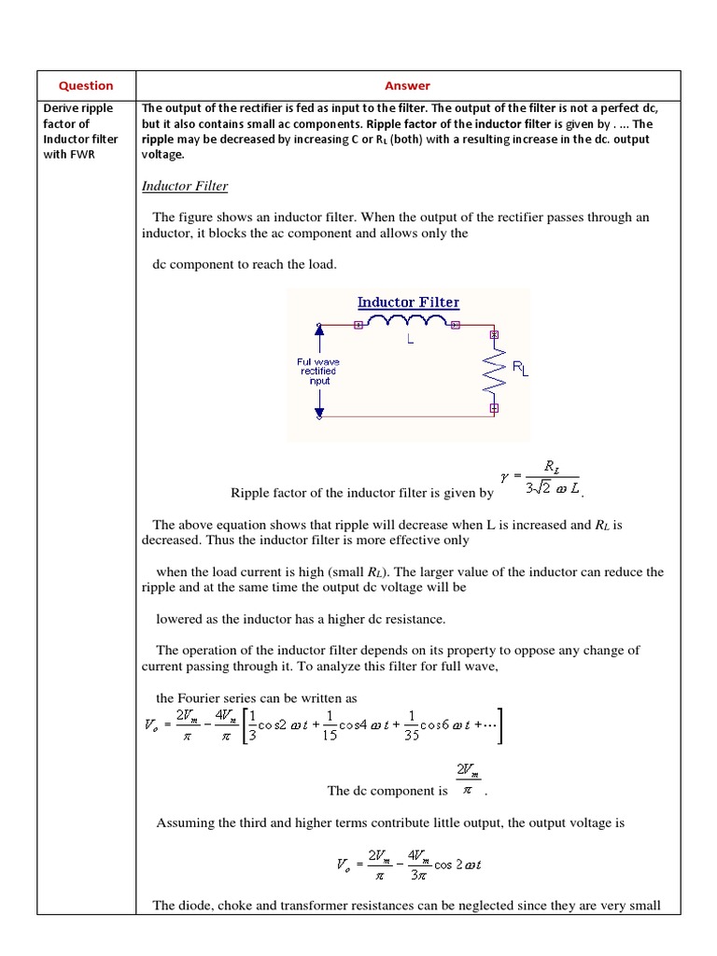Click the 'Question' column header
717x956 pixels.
tap(86, 85)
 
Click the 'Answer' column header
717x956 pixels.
tap(408, 85)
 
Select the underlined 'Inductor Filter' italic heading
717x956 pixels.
tap(184, 186)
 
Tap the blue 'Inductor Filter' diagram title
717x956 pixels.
tap(408, 302)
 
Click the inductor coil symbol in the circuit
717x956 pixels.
tap(407, 322)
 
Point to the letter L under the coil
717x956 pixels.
tap(409, 341)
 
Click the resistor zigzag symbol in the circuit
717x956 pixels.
tap(494, 371)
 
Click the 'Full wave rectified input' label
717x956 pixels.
tap(318, 371)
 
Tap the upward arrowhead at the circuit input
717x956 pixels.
tap(319, 330)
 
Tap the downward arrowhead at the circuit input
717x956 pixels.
tap(319, 411)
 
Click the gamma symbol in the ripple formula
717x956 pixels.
tap(506, 475)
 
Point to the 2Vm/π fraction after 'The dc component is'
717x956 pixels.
tap(468, 780)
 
